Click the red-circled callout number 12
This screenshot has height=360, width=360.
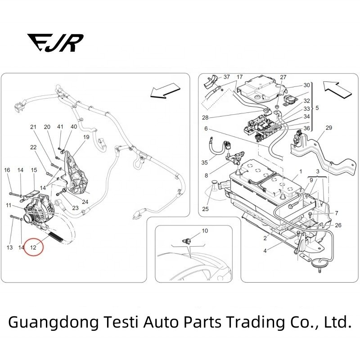[33, 247]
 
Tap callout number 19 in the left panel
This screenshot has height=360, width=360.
[86, 137]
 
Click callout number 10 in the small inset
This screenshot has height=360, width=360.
[205, 231]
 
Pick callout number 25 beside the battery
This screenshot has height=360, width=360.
[205, 209]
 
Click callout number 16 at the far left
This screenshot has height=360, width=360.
[7, 170]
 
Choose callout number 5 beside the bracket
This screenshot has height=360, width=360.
[317, 108]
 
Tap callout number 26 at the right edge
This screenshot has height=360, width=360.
[338, 225]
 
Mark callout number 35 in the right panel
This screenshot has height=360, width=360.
[205, 162]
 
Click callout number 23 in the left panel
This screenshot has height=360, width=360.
[75, 207]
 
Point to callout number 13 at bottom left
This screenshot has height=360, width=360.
[9, 247]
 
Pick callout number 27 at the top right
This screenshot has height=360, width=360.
[283, 77]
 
